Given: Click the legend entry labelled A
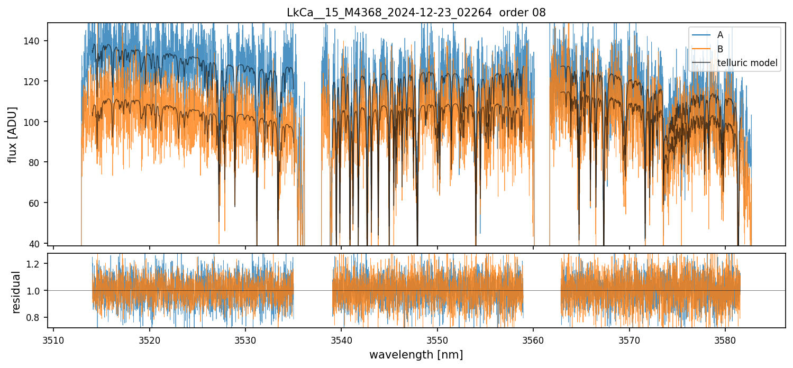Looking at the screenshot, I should pyautogui.click(x=720, y=35).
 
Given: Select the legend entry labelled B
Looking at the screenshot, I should pyautogui.click(x=720, y=49).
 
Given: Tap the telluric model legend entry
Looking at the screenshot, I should pyautogui.click(x=747, y=63).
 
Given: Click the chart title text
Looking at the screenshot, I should pyautogui.click(x=416, y=13).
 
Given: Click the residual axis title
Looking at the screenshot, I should pyautogui.click(x=16, y=292).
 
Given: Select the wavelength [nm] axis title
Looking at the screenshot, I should pyautogui.click(x=416, y=354).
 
